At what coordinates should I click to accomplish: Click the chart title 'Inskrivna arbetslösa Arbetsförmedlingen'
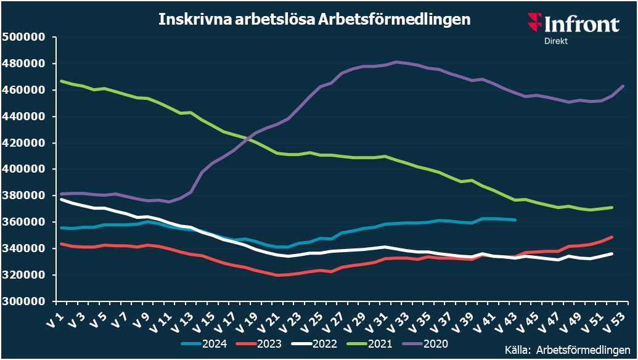click(x=314, y=19)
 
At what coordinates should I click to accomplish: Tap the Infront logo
click(x=573, y=24)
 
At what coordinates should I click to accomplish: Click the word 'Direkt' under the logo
click(x=555, y=41)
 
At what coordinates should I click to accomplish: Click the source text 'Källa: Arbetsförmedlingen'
click(x=568, y=349)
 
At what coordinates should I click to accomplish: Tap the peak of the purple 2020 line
click(x=395, y=62)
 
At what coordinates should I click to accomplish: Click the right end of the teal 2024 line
click(x=515, y=219)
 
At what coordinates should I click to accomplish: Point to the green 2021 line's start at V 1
click(x=60, y=81)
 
